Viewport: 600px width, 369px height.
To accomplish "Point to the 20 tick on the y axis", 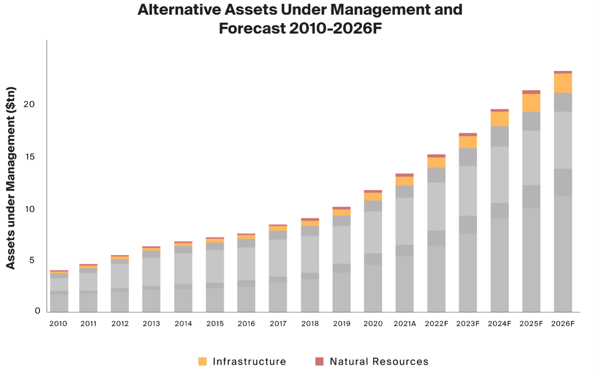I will pos(29,104).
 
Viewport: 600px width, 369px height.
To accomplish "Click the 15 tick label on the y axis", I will pos(29,157).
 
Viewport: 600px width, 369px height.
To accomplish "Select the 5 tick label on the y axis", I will pos(32,260).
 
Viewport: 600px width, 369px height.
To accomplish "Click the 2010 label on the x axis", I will pos(58,324).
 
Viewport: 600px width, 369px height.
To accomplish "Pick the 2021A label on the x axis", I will pos(404,324).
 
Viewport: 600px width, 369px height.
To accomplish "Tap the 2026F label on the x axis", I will pos(563,324).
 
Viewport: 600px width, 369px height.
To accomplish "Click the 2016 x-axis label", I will pos(246,324).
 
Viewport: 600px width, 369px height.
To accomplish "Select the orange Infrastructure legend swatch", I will pos(202,361).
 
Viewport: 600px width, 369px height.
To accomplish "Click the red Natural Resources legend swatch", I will pos(319,361).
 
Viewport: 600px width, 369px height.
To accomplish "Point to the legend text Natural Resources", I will pos(379,361).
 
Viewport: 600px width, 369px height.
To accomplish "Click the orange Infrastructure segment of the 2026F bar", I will pos(563,83).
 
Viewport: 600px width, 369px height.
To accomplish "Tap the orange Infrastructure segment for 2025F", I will pos(531,103).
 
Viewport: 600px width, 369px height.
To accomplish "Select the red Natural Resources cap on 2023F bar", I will pos(468,135).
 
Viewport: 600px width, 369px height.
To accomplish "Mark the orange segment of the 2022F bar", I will pos(436,162).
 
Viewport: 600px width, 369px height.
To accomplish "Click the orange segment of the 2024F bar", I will pos(499,119).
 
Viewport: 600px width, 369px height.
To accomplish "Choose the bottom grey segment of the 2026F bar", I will pos(563,254).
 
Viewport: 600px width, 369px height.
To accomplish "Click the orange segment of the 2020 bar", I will pos(373,197).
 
